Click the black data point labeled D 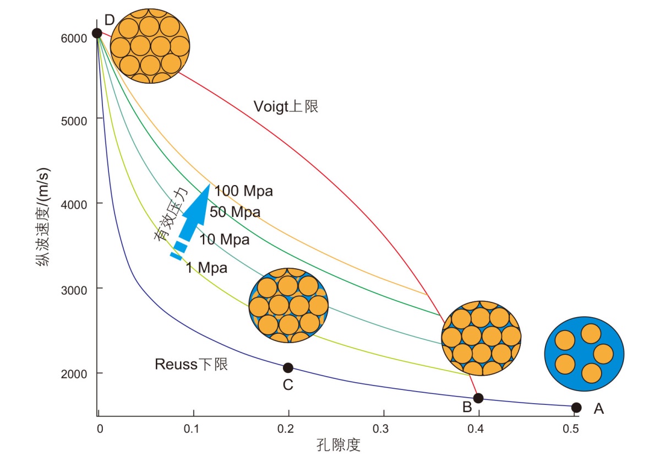tap(97, 33)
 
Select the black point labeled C tap(288, 368)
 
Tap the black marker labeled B tap(478, 398)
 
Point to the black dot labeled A tap(576, 408)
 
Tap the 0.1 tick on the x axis tap(193, 428)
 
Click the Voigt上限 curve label tap(286, 106)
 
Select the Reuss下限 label tap(191, 364)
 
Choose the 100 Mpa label tap(243, 192)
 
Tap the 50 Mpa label tap(235, 212)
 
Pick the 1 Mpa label tap(206, 269)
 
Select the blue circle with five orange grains tap(583, 354)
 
